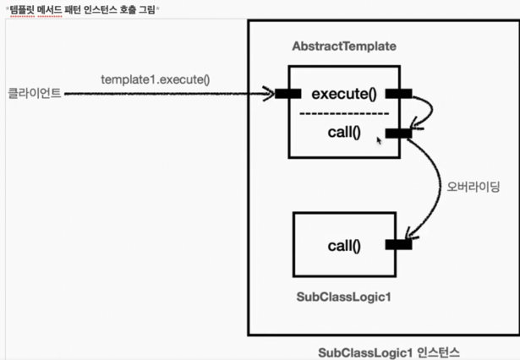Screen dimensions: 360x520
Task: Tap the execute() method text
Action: pos(343,93)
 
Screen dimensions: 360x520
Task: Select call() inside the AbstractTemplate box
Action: pos(344,133)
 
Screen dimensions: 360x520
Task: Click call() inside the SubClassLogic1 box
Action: pos(343,246)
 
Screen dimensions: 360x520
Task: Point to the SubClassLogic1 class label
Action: pos(344,297)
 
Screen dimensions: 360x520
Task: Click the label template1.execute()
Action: pos(155,79)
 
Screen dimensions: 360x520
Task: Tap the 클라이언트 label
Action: pos(33,93)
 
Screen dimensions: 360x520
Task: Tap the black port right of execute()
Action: pos(398,93)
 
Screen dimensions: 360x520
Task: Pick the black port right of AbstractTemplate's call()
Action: pos(397,133)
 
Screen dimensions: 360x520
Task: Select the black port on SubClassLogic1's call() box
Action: pos(397,245)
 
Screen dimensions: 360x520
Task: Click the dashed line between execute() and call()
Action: pos(344,113)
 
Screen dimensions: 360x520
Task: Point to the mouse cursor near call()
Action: pos(379,139)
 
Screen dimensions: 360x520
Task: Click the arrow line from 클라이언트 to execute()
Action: pos(169,93)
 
